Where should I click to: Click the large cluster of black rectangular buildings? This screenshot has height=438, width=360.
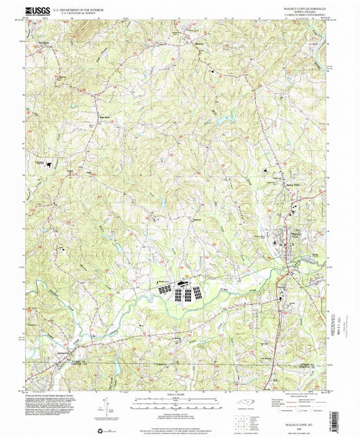coord(182,292)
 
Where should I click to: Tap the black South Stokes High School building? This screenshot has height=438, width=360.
coord(50,165)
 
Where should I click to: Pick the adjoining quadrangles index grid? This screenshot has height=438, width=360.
coord(243,422)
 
